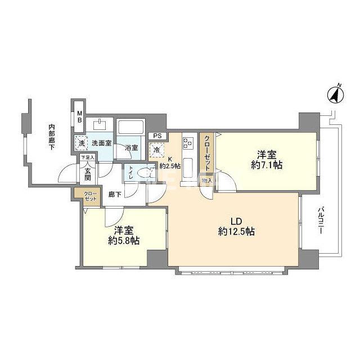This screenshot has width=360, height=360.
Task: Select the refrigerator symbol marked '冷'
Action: [x=156, y=150]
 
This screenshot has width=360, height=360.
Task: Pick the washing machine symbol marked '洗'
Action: [x=82, y=143]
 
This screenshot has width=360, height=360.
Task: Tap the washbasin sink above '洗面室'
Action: [x=102, y=124]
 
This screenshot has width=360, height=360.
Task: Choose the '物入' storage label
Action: [x=207, y=181]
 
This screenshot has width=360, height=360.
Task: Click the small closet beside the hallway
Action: [x=89, y=196]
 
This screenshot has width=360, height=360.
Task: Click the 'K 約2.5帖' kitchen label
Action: [x=169, y=163]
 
